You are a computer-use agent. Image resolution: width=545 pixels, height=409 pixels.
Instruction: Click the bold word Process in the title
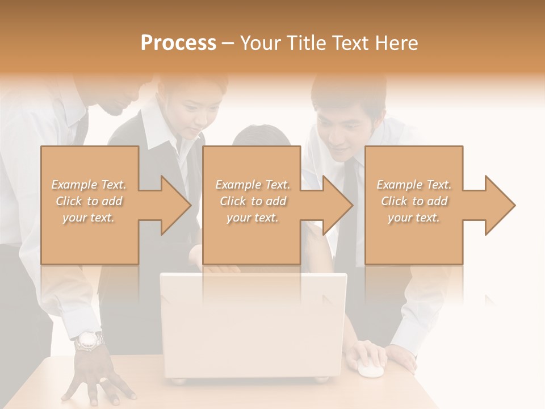178,43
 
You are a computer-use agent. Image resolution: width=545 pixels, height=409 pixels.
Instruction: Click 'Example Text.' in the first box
89,185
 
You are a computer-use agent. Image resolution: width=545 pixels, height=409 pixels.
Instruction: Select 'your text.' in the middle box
253,218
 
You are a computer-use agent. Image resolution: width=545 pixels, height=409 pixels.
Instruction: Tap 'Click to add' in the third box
414,201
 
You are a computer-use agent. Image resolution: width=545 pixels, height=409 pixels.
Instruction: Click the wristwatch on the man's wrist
89,341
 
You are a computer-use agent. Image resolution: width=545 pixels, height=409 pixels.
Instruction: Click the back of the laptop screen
253,324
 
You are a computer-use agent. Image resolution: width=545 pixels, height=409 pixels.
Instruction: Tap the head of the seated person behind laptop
261,139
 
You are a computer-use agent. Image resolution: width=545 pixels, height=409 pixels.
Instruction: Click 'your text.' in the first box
89,218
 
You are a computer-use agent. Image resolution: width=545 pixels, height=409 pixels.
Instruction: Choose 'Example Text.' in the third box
414,185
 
